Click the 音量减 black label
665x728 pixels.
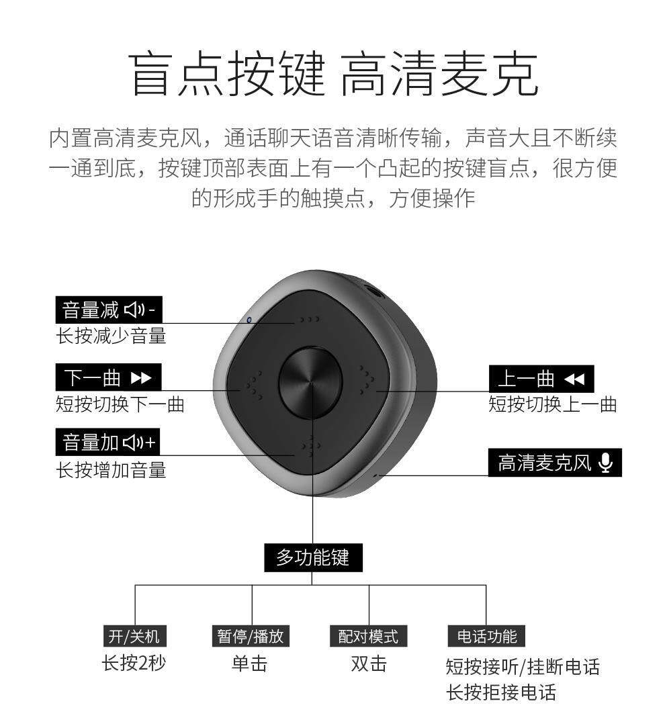(109, 310)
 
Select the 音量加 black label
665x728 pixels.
(109, 443)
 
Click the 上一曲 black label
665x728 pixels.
(541, 379)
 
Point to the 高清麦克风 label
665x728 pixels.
(555, 463)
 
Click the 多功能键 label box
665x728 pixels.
(312, 557)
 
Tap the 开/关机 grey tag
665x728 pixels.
(134, 635)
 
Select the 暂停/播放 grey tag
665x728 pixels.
(250, 635)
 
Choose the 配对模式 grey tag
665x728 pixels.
(368, 635)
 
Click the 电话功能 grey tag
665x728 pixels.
(486, 635)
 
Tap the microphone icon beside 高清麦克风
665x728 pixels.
(606, 463)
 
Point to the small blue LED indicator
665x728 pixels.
(249, 320)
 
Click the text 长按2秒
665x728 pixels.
(134, 663)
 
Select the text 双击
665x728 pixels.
(369, 664)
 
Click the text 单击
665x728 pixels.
(249, 664)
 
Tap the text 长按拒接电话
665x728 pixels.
(501, 692)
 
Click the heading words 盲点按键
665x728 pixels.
(226, 75)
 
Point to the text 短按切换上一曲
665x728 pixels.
(552, 404)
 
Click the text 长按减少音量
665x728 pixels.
(111, 335)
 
